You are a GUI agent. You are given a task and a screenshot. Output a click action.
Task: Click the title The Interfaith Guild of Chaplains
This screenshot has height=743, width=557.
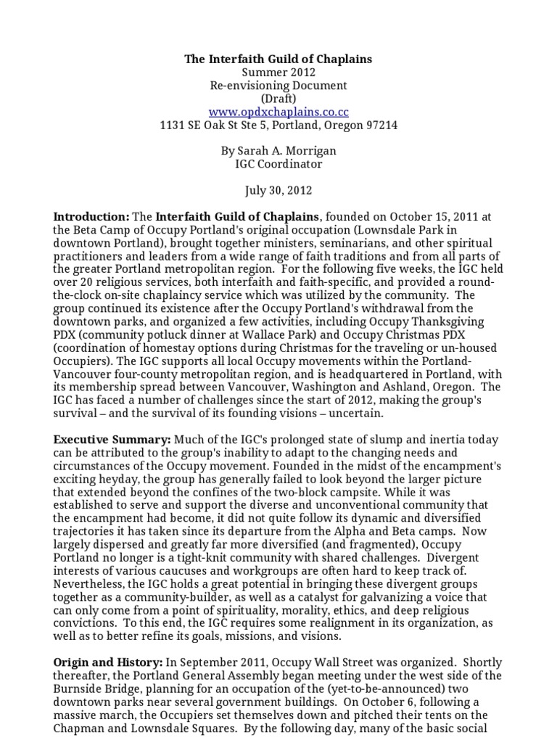[278, 59]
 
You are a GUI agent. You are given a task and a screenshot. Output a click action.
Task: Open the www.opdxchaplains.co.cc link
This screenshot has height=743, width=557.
[278, 112]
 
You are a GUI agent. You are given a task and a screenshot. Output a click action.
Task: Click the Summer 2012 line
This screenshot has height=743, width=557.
[278, 73]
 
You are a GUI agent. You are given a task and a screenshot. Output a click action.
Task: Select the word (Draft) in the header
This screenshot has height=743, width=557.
[278, 99]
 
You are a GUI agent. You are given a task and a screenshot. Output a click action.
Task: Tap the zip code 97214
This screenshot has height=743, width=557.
[379, 125]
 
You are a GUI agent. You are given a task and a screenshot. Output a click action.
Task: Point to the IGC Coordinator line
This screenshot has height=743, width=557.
[278, 164]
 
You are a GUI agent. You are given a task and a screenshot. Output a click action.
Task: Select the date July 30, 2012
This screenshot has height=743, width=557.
[278, 190]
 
